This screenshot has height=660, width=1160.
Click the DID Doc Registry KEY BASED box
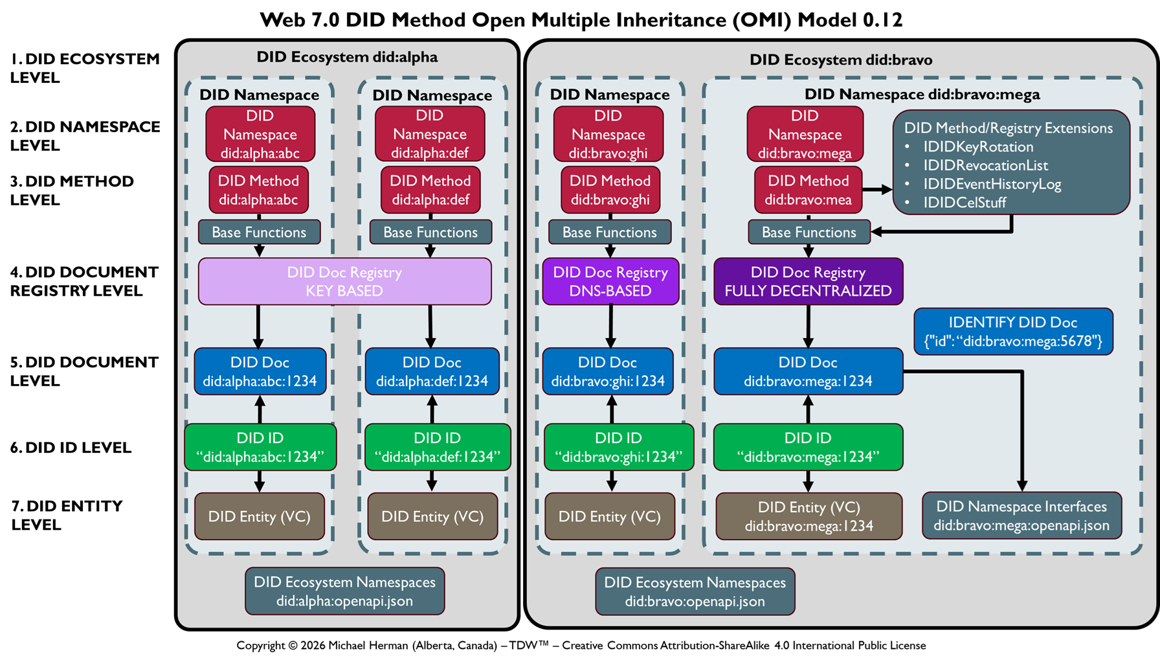tap(344, 282)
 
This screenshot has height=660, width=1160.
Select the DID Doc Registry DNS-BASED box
tap(610, 282)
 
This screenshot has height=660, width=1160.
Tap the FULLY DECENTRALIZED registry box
tap(808, 282)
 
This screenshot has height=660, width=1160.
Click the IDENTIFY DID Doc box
tap(1013, 332)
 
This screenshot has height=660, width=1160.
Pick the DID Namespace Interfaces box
tap(1021, 516)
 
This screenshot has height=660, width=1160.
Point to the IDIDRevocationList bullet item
tap(985, 165)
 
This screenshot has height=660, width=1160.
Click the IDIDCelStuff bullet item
tap(965, 203)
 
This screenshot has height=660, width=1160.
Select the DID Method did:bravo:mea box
tap(808, 190)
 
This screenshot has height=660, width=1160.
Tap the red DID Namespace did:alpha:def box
tap(430, 134)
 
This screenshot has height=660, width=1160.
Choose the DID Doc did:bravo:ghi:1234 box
tap(608, 372)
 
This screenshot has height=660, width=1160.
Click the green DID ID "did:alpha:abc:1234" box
tap(260, 447)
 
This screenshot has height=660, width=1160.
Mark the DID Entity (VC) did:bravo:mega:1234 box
tap(809, 516)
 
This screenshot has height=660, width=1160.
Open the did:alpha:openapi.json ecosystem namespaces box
tap(344, 591)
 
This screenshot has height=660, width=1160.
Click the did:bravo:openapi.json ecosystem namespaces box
tap(695, 591)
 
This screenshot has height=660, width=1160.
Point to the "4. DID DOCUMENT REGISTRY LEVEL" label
tap(84, 282)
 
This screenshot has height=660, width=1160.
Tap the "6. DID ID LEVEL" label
tap(71, 448)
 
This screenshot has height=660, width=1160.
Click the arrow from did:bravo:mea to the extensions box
tap(877, 190)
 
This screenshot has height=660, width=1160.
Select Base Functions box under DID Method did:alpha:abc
tap(259, 233)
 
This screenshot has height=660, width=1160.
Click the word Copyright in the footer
tap(260, 646)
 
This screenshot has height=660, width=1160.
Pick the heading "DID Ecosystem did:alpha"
tap(347, 57)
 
